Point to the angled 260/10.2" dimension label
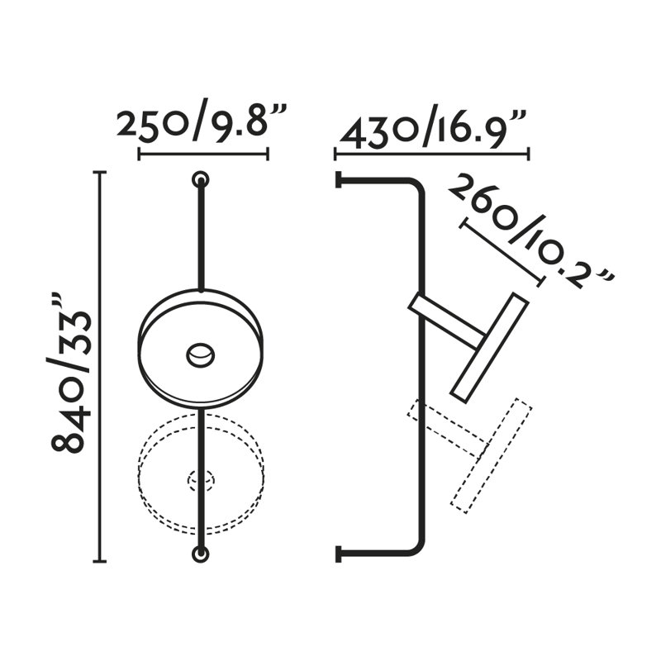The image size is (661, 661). click(x=530, y=233)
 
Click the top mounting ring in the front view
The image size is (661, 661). click(x=201, y=180)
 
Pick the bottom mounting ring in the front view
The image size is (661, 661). click(x=201, y=554)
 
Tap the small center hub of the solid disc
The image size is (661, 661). click(x=201, y=355)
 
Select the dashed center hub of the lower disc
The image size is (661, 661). click(x=201, y=480)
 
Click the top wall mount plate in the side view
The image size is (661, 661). click(x=338, y=179)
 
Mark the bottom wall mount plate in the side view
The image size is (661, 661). click(x=338, y=554)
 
